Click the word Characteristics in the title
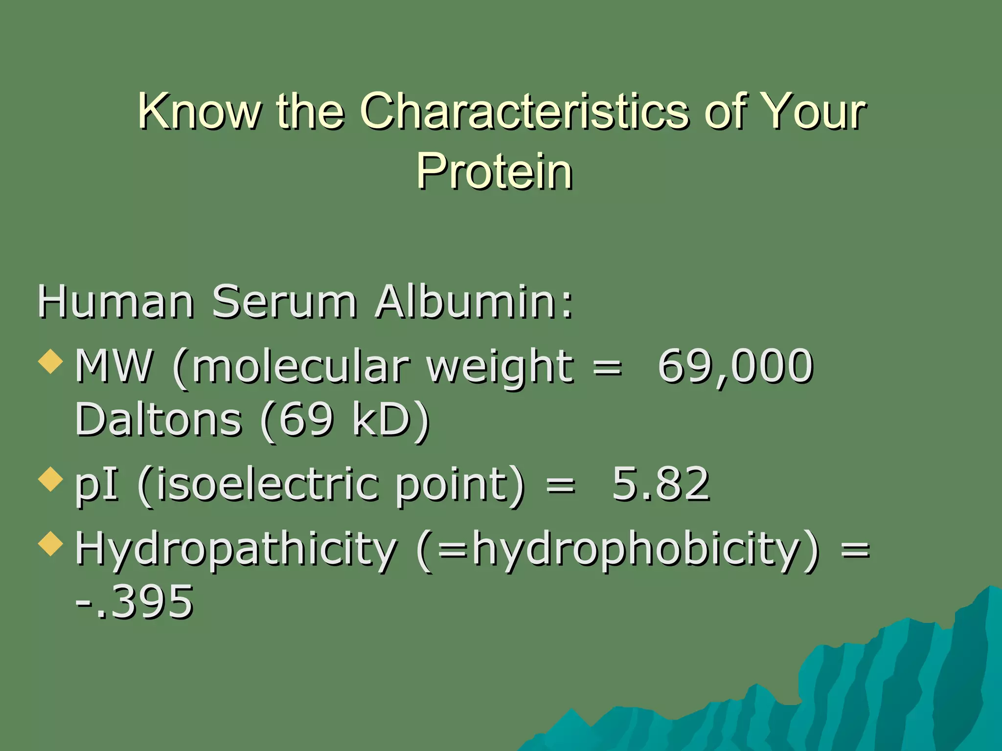tap(524, 111)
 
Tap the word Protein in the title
tap(495, 171)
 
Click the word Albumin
tap(474, 302)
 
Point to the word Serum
tap(284, 302)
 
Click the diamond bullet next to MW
tap(51, 362)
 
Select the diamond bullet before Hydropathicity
tap(51, 544)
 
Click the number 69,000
tap(735, 367)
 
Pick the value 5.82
tap(660, 484)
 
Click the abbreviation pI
tap(96, 485)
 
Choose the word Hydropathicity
tap(236, 550)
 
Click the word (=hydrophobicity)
tap(617, 550)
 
